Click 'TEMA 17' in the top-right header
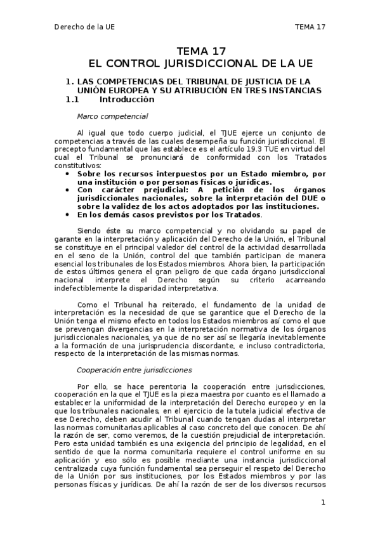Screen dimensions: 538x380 tap(310, 27)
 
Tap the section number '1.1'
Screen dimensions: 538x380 tap(72, 100)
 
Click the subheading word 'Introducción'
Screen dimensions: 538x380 tap(127, 100)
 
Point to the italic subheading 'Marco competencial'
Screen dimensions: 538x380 tap(112, 116)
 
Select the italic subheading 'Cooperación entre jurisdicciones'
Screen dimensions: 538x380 tap(134, 369)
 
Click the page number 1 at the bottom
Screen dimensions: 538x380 tap(323, 502)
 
